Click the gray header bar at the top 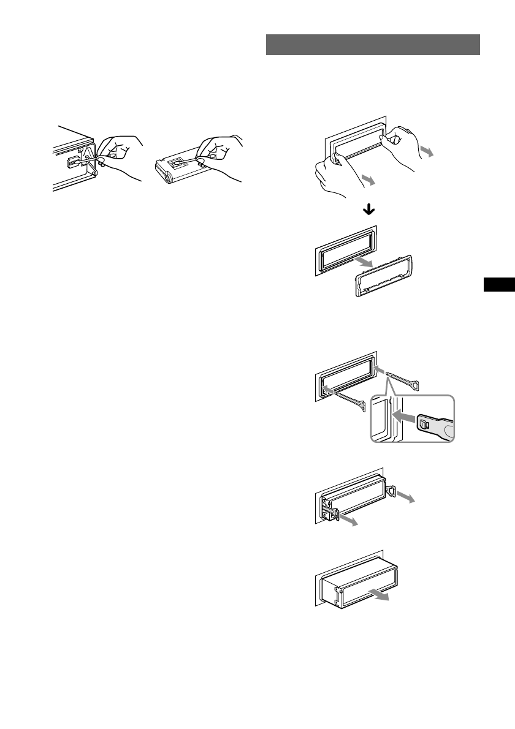pyautogui.click(x=373, y=45)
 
